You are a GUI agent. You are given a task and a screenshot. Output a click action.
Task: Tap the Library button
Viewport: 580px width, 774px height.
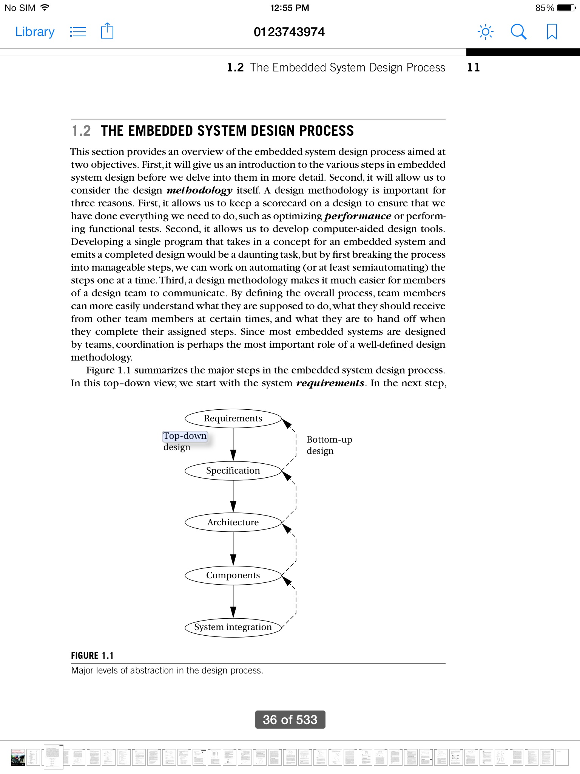click(x=35, y=32)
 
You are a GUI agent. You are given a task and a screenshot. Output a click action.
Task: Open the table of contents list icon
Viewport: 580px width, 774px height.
click(x=78, y=32)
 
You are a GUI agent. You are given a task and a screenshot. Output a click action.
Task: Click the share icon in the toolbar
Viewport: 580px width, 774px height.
click(x=107, y=31)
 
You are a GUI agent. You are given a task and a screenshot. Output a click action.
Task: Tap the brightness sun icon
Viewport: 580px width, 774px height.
click(x=485, y=32)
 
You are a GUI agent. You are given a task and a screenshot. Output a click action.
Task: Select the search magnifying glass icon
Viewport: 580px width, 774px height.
click(x=518, y=32)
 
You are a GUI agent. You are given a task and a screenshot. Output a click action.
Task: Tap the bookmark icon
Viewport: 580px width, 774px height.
click(x=552, y=32)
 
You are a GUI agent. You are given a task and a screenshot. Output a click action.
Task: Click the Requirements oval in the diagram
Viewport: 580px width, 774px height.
click(x=233, y=418)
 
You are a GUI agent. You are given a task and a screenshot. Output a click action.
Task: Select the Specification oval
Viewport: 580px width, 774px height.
click(x=233, y=471)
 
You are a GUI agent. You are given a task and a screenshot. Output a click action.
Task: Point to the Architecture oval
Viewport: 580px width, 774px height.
click(x=233, y=522)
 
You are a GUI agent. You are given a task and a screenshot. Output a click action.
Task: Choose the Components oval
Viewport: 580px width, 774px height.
click(x=233, y=575)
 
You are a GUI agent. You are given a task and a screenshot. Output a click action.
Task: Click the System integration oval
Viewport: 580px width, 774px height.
click(x=233, y=627)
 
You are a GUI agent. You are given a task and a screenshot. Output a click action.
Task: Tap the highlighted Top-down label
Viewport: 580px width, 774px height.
click(x=185, y=436)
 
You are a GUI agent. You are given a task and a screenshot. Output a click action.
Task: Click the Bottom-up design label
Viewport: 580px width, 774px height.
click(x=329, y=445)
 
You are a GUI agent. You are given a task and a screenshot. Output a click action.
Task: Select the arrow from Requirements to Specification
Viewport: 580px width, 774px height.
click(x=233, y=444)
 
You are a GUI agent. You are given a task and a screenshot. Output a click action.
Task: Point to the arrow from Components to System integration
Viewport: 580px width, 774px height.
click(x=233, y=601)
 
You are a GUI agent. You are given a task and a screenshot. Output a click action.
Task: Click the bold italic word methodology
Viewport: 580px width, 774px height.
click(x=199, y=190)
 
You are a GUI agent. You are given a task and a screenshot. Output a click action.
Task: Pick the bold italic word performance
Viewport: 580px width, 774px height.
click(x=358, y=216)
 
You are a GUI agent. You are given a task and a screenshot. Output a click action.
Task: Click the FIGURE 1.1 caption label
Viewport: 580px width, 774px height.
click(x=92, y=656)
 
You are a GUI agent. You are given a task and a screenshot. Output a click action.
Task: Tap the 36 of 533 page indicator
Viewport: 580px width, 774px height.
click(x=290, y=720)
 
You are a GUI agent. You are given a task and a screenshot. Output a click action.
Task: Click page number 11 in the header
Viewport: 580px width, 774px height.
click(x=474, y=67)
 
